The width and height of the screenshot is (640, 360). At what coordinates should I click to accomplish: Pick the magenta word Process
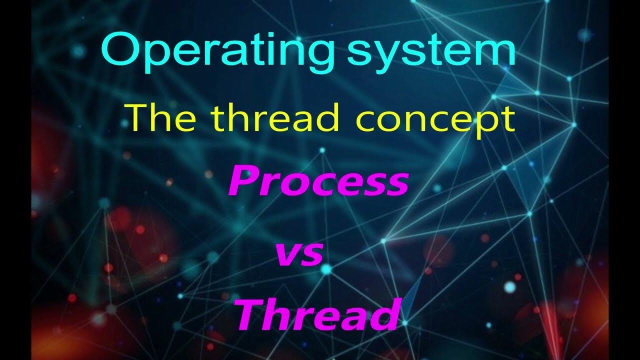click(319, 182)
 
